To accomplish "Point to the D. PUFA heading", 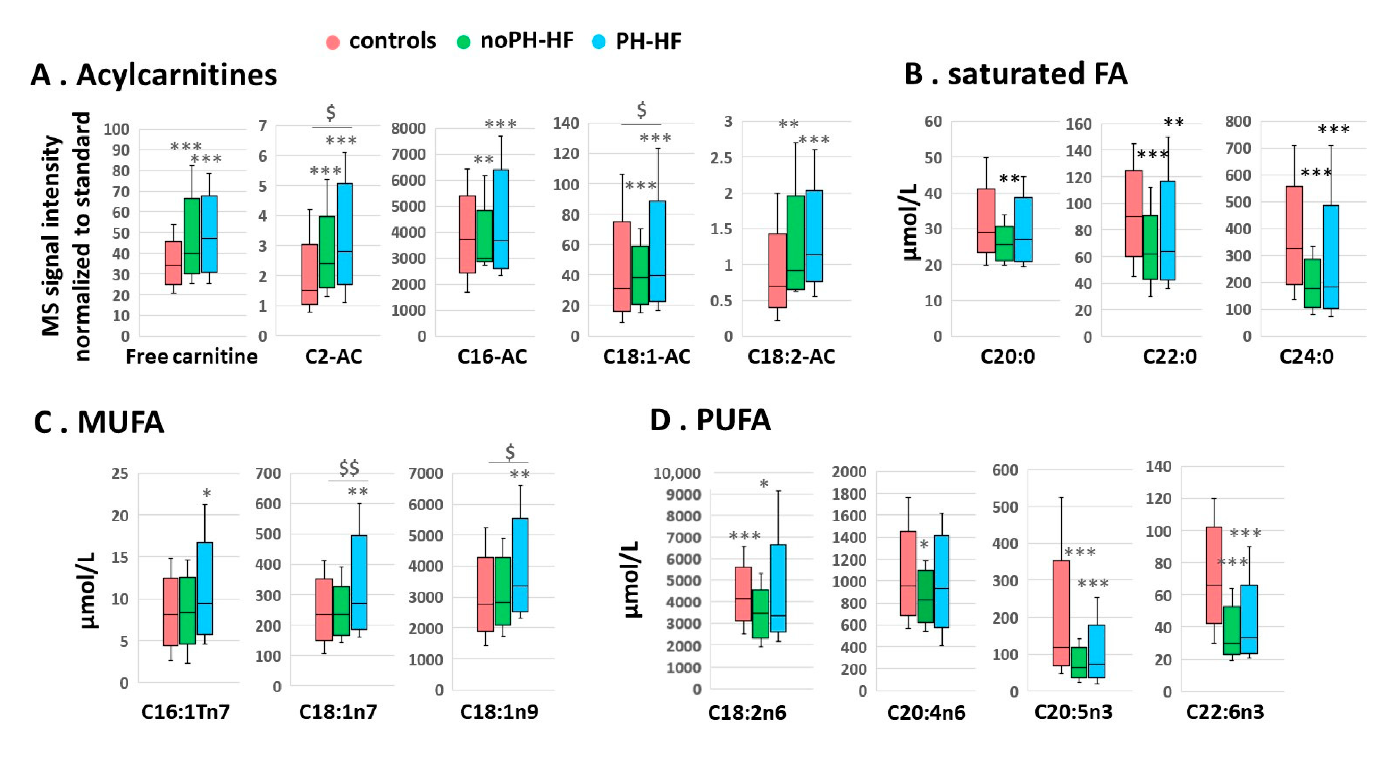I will pyautogui.click(x=710, y=420).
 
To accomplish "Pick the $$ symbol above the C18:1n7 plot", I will pyautogui.click(x=349, y=468).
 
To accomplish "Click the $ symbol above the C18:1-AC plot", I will pyautogui.click(x=641, y=110).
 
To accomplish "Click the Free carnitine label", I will pyautogui.click(x=192, y=357).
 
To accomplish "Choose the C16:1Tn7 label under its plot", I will pyautogui.click(x=185, y=711).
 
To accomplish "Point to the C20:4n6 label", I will pyautogui.click(x=926, y=712).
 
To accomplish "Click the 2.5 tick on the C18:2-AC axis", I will pyautogui.click(x=721, y=158).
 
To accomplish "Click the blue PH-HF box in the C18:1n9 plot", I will pyautogui.click(x=520, y=565).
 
